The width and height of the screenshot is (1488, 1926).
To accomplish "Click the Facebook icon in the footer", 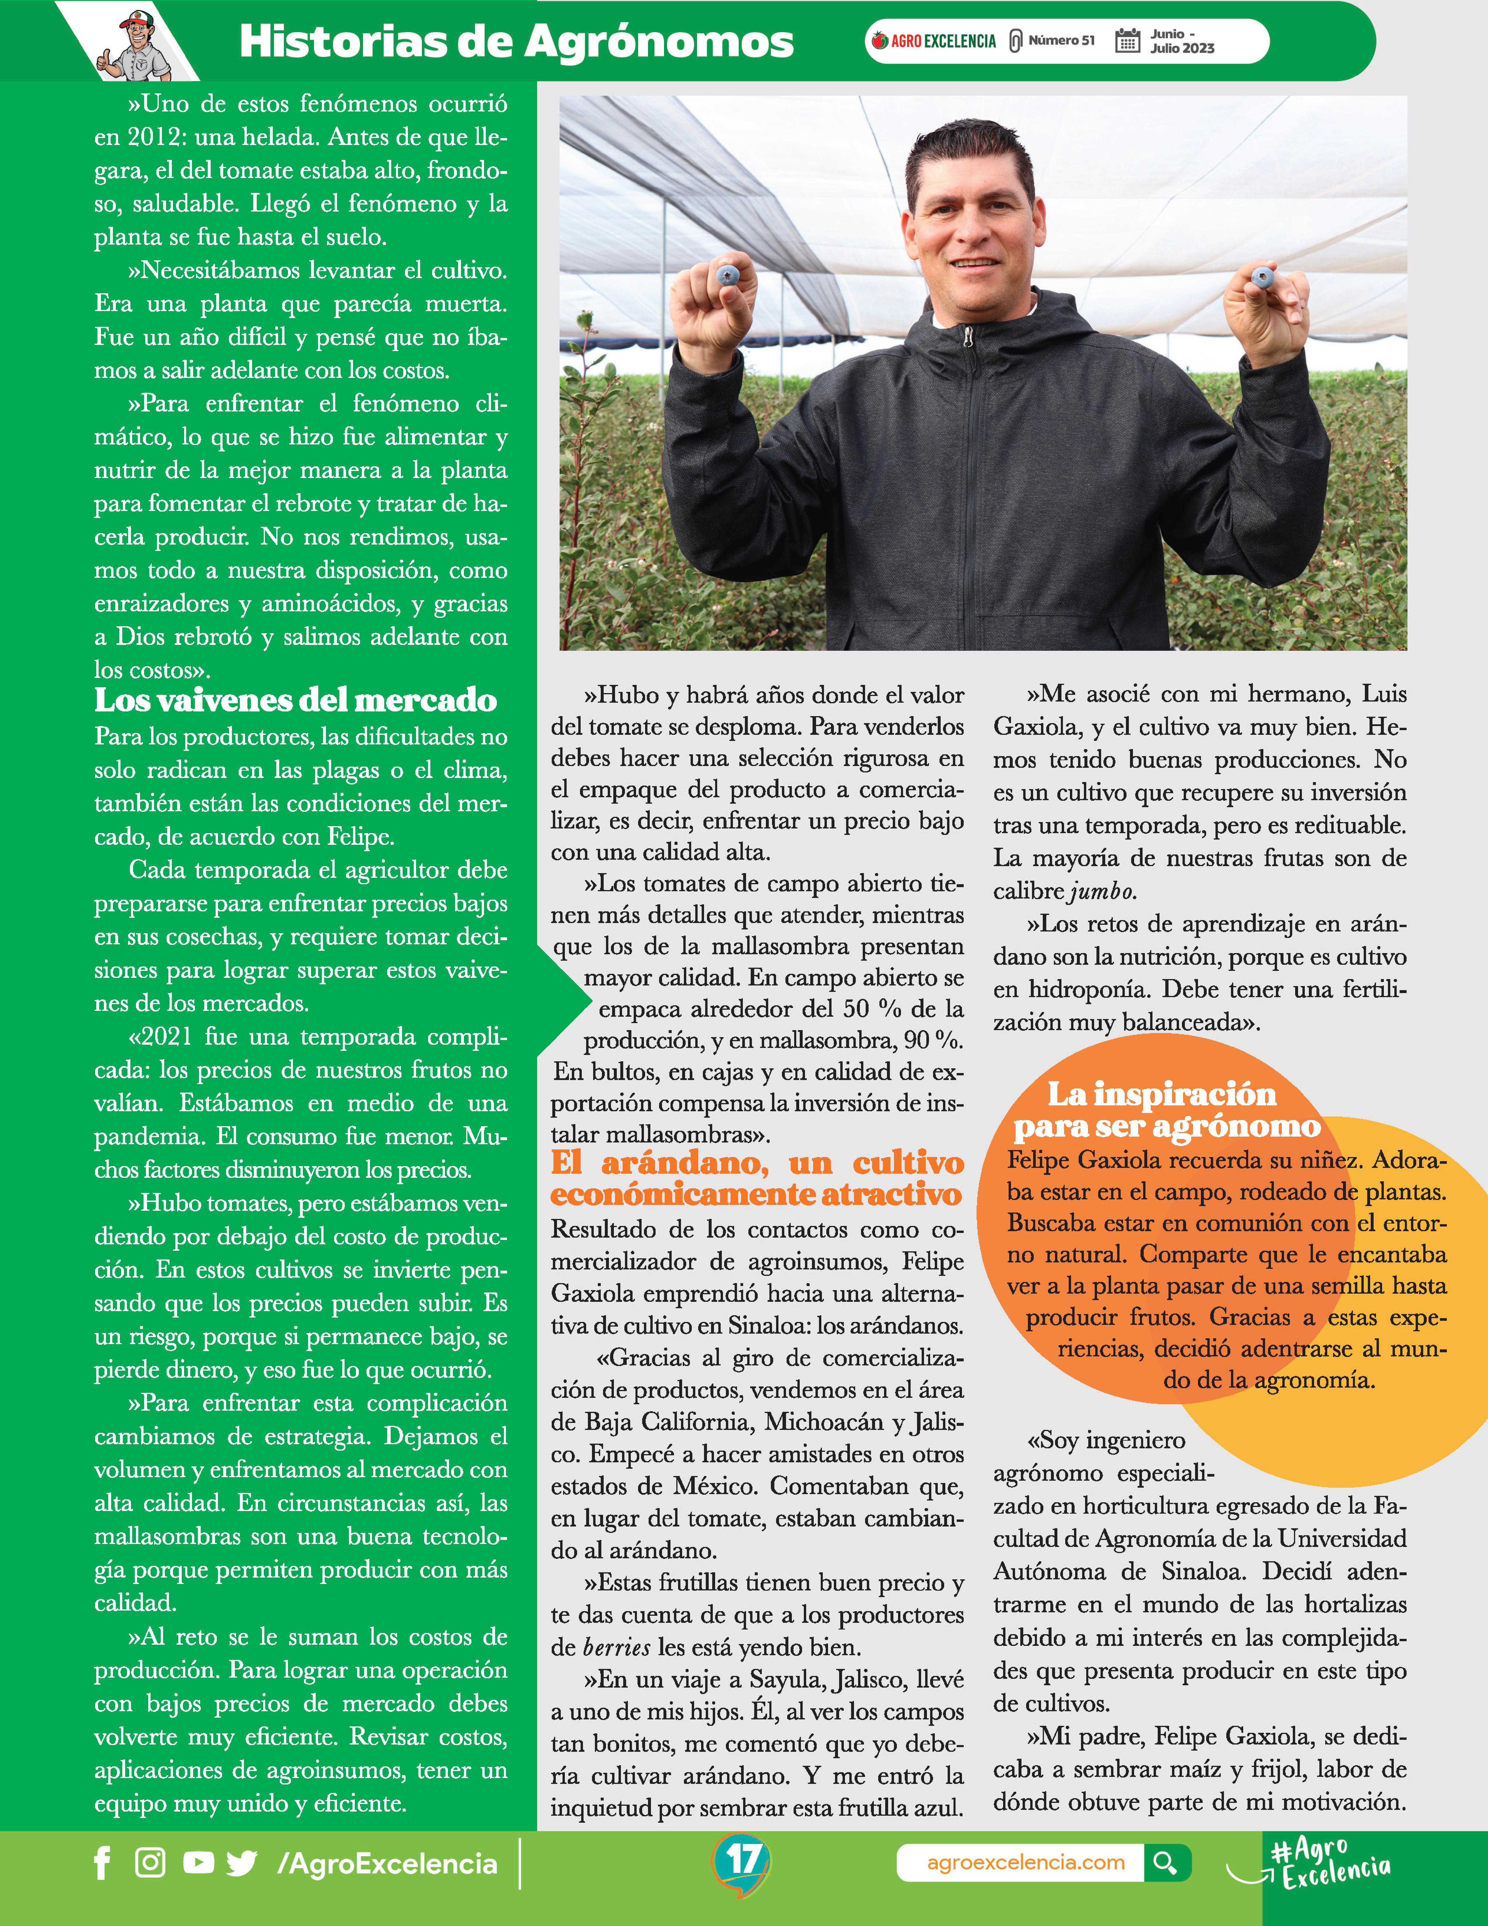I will [x=102, y=1863].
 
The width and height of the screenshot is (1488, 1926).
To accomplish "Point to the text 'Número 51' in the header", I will [x=1061, y=41].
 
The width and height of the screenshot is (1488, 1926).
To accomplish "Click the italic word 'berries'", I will [x=617, y=1647].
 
